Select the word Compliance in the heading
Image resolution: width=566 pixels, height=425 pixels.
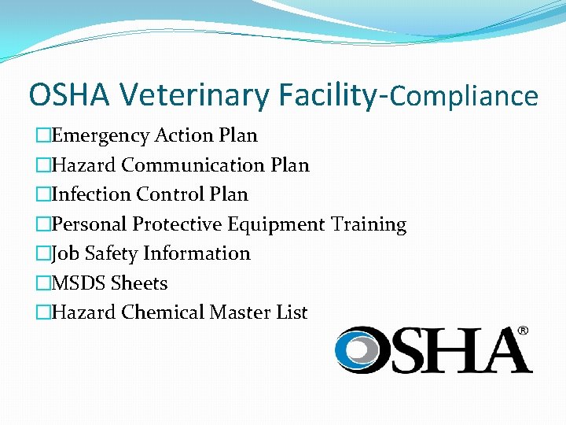[x=464, y=96]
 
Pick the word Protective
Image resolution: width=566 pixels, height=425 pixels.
[x=177, y=224]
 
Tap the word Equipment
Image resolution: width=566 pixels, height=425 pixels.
[x=276, y=224]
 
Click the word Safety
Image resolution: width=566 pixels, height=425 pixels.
[x=114, y=253]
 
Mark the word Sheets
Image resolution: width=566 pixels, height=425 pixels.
[x=139, y=283]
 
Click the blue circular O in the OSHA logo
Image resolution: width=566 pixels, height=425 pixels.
[x=359, y=349]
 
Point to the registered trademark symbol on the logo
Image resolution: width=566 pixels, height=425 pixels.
[x=522, y=331]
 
